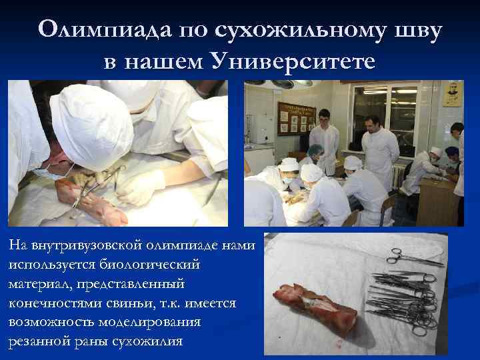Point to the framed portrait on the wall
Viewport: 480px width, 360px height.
(453, 94)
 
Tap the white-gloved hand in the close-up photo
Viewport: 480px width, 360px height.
(143, 187)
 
